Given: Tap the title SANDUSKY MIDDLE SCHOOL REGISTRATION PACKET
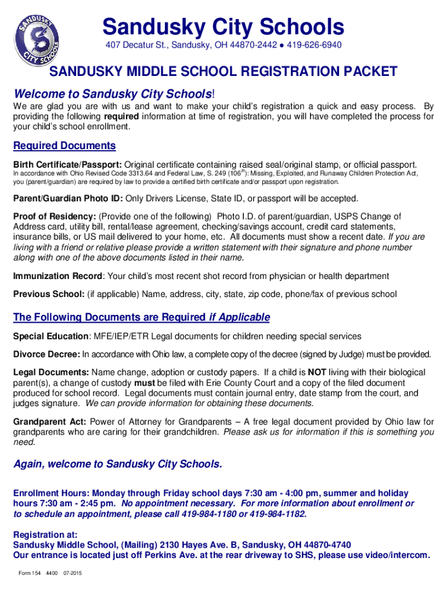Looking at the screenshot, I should point(223,71).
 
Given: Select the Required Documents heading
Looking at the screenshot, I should point(64,146).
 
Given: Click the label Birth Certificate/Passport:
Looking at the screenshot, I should point(67,164).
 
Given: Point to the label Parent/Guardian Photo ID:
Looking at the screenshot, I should point(68,199).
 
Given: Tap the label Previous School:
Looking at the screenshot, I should point(49,294).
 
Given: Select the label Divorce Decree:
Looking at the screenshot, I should point(46,354).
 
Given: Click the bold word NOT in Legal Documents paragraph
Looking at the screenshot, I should point(317,372).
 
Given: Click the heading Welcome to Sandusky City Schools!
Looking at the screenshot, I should point(114,94).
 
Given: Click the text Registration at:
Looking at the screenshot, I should point(45,534).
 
